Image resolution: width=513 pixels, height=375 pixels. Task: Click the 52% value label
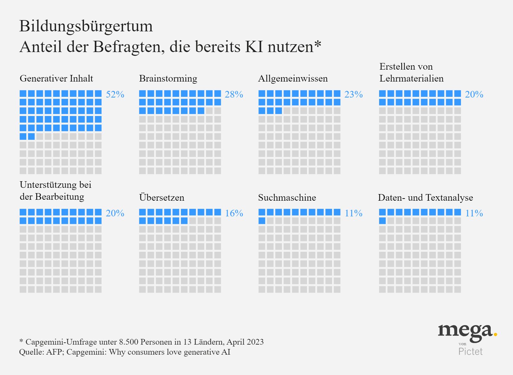115,94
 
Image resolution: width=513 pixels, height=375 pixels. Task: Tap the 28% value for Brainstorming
234,94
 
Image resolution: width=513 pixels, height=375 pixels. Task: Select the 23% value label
353,94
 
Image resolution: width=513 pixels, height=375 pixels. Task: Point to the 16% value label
234,213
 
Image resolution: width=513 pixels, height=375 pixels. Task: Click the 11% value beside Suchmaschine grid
353,213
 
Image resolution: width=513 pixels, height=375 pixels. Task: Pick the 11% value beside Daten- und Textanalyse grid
474,213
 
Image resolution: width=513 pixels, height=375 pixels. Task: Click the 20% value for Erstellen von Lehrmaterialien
474,94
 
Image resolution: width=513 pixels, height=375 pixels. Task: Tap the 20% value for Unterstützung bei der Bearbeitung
115,213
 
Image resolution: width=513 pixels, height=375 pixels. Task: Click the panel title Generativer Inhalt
56,78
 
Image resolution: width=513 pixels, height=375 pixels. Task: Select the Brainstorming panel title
168,78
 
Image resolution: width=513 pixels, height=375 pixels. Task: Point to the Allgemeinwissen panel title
293,78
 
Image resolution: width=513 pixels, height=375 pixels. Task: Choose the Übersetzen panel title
162,198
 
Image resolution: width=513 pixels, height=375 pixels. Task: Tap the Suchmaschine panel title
287,198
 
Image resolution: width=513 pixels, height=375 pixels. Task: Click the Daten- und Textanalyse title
425,198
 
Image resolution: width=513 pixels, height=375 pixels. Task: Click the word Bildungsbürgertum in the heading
86,26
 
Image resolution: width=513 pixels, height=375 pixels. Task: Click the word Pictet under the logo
470,351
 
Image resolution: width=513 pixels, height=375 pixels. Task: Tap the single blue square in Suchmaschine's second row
262,221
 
